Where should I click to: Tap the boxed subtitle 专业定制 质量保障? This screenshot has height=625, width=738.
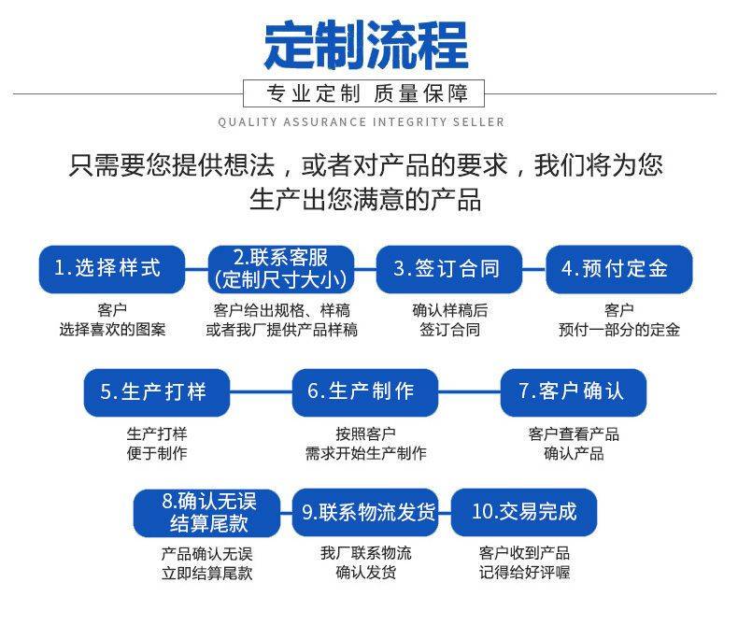click(x=363, y=93)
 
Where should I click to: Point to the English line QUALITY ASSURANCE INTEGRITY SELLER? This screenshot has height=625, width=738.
click(x=362, y=122)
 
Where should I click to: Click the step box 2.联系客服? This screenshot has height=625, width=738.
click(x=280, y=269)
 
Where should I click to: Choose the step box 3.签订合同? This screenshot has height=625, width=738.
click(x=449, y=269)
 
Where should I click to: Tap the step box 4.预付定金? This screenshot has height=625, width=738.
click(x=618, y=269)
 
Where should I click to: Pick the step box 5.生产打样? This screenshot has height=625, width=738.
click(x=157, y=391)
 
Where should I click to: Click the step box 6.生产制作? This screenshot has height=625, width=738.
click(x=364, y=391)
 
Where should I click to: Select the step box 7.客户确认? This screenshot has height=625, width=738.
click(x=573, y=391)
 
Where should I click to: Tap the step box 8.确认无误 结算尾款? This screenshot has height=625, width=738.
click(x=207, y=512)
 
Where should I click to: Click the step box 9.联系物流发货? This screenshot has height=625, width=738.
click(x=365, y=512)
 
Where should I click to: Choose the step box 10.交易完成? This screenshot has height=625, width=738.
click(x=524, y=512)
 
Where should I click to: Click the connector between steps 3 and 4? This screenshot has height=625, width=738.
click(x=533, y=269)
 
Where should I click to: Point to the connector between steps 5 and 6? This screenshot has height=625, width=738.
click(x=261, y=391)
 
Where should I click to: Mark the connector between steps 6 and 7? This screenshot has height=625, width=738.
click(x=469, y=391)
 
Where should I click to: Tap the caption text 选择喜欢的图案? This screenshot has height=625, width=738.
click(x=112, y=330)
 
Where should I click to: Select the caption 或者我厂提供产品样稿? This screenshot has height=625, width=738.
click(x=281, y=330)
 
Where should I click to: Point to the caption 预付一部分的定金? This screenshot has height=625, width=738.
click(x=618, y=330)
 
